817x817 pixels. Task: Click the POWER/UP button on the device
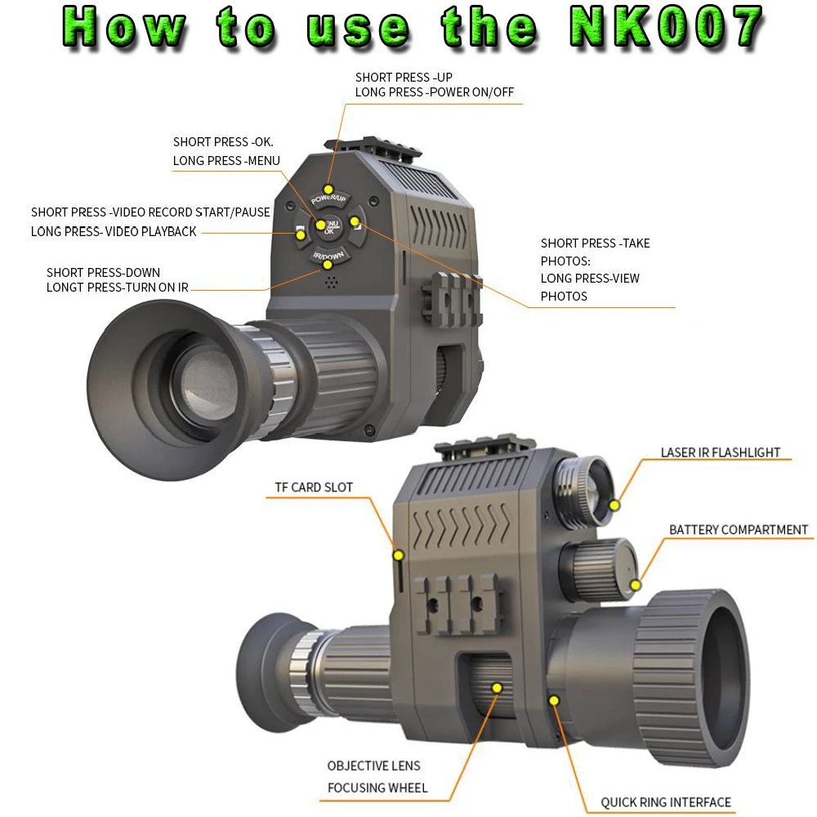click(x=329, y=194)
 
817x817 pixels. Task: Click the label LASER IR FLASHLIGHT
click(x=720, y=453)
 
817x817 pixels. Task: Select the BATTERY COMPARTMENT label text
click(x=738, y=530)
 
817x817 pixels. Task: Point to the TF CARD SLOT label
click(x=314, y=488)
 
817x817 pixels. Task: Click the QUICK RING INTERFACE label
click(x=666, y=802)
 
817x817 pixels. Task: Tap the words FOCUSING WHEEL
click(x=377, y=788)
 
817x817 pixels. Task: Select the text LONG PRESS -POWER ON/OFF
click(x=434, y=92)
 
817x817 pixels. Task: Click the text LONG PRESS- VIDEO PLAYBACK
click(x=114, y=232)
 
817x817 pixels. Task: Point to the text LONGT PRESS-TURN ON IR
click(x=117, y=288)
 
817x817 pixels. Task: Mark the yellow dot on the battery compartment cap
click(x=636, y=584)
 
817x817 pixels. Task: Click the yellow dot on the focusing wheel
click(x=496, y=688)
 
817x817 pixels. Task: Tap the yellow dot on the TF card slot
click(x=399, y=556)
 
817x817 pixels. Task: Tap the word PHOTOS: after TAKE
click(x=565, y=261)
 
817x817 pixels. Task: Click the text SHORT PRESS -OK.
click(x=223, y=142)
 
